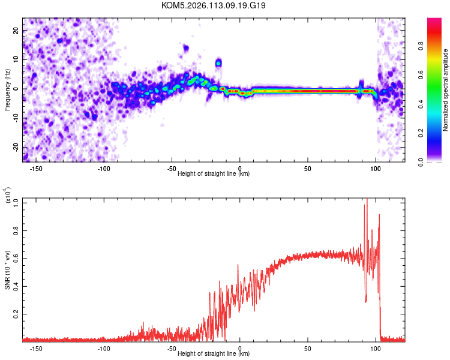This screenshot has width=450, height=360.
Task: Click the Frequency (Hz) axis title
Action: [8, 89]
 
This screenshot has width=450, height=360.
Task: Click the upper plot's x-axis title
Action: [214, 173]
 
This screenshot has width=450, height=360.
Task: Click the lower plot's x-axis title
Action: [214, 353]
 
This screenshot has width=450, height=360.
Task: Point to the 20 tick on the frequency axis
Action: [16, 30]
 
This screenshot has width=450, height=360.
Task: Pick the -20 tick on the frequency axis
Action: [15, 148]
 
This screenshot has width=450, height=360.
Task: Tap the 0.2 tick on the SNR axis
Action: [15, 314]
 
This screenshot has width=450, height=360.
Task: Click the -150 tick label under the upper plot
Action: [35, 168]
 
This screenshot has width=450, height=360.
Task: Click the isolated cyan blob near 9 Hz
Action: [219, 62]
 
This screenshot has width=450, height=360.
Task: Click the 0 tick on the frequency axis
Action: [19, 89]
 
